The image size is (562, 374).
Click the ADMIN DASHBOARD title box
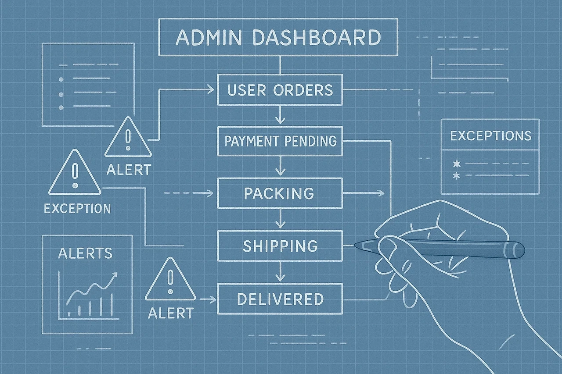(x=278, y=37)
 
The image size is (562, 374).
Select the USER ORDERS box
(x=280, y=90)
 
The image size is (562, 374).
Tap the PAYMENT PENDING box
(x=280, y=141)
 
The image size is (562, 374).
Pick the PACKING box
(x=280, y=193)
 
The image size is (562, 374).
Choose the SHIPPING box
(x=280, y=245)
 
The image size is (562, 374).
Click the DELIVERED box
(x=280, y=299)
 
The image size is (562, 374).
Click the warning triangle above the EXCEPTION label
(x=75, y=174)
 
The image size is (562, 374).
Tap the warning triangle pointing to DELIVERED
(x=170, y=281)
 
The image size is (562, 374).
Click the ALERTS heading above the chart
(x=85, y=253)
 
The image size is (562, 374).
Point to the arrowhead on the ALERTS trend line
(x=115, y=274)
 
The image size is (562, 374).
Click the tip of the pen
(x=356, y=245)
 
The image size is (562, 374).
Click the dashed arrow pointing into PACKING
(x=206, y=193)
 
